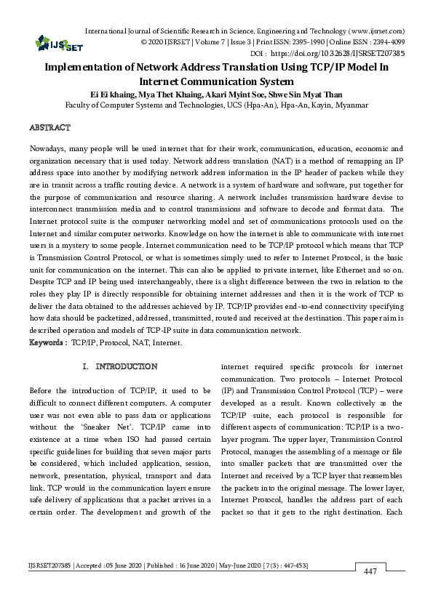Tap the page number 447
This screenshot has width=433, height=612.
pyautogui.click(x=370, y=572)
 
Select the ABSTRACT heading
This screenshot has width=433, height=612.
pyautogui.click(x=49, y=127)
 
